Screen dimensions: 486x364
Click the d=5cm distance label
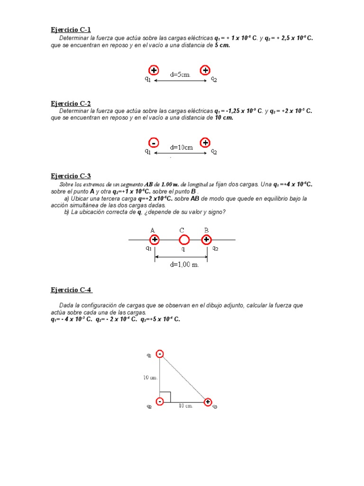[x=180, y=75]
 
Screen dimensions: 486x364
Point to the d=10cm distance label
[x=182, y=147]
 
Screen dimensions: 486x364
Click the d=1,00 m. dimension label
[x=185, y=264]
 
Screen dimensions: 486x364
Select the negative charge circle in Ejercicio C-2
[x=153, y=142]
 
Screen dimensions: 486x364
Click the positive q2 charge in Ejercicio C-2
[x=205, y=142]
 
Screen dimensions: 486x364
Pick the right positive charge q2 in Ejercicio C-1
[x=205, y=70]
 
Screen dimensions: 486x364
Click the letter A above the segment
[x=153, y=230]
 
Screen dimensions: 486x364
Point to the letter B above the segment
[x=206, y=230]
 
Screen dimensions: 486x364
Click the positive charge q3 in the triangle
[x=208, y=402]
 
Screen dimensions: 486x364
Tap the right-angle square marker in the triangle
[x=165, y=396]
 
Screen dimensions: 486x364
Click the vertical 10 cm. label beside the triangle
[x=150, y=377]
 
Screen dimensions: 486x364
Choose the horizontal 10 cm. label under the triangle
[x=185, y=406]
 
